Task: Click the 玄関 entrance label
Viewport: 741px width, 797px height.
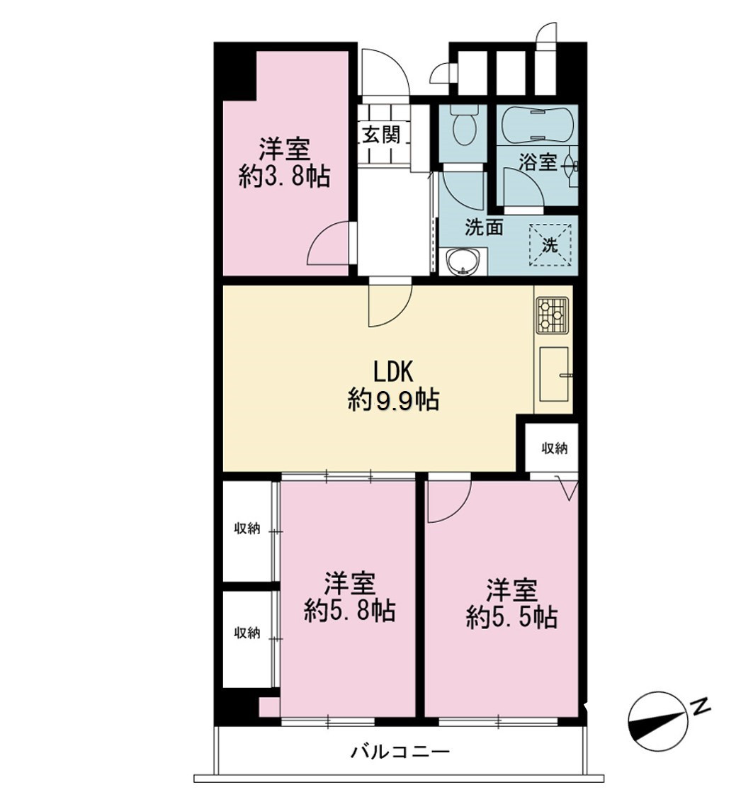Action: click(x=381, y=135)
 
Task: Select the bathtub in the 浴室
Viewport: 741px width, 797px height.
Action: click(x=538, y=125)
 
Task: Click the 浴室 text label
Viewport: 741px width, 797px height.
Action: click(x=537, y=163)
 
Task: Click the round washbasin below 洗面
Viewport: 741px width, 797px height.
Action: click(x=463, y=262)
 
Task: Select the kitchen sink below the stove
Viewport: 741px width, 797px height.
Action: click(x=553, y=374)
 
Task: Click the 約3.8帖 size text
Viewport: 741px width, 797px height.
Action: click(x=284, y=177)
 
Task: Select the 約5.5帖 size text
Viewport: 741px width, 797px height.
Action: click(x=511, y=618)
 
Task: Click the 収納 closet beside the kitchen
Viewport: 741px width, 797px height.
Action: click(x=553, y=448)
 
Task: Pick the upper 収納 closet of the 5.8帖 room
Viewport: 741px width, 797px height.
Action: click(x=247, y=530)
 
